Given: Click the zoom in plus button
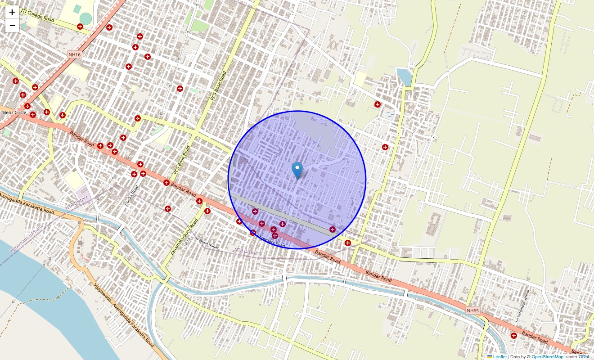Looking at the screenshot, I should point(12,12).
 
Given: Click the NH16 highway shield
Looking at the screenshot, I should point(74,54).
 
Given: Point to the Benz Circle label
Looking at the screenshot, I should point(14,112).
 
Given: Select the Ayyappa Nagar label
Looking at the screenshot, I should point(207,247).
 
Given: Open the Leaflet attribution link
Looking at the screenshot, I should point(499,356).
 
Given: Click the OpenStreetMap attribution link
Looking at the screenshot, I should point(547,356).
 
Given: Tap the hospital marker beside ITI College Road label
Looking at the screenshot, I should point(80,27).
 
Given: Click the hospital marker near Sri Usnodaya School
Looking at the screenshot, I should point(514,335).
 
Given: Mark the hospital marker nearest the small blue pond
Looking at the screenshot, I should point(377,104).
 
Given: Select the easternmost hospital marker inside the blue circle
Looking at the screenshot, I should point(333,229).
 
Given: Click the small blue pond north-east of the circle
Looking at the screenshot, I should point(405,76).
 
